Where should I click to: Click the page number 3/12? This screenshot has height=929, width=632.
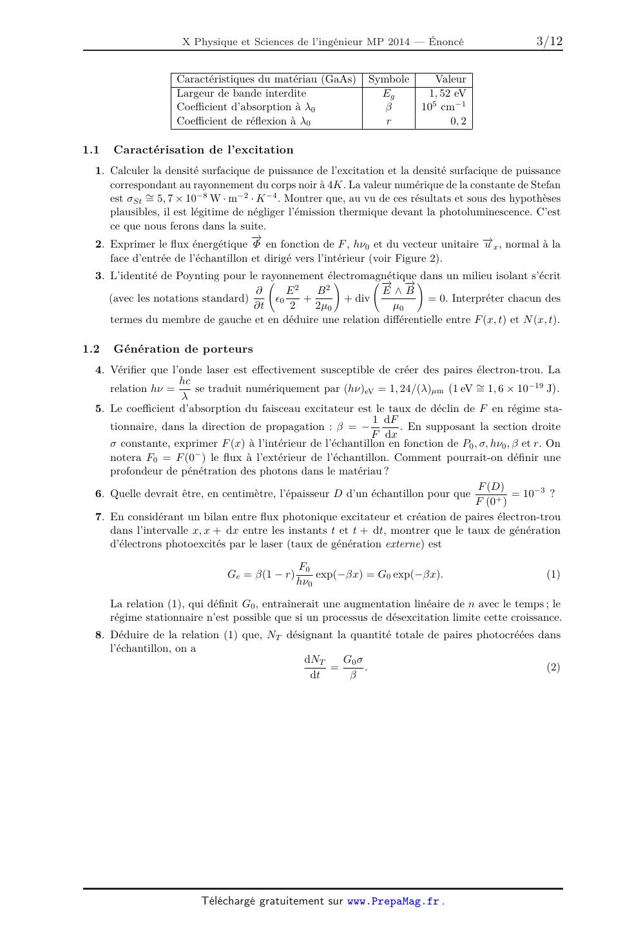click(549, 42)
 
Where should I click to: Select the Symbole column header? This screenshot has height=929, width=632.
click(388, 79)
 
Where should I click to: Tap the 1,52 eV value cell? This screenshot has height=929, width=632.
click(447, 93)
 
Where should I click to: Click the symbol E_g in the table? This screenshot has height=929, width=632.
click(388, 94)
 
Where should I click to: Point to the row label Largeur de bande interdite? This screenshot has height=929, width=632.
click(242, 93)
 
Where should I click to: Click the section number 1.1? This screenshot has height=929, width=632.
click(91, 150)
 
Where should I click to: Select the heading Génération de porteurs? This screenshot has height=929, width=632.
click(183, 349)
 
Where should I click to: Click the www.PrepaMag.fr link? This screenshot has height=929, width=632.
click(393, 901)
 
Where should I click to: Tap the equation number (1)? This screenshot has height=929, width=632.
click(553, 574)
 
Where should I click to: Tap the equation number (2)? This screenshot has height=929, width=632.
click(553, 667)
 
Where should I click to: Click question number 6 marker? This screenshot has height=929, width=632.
click(99, 494)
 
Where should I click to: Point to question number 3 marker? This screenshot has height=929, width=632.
click(99, 276)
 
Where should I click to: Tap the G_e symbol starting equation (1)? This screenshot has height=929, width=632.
click(233, 574)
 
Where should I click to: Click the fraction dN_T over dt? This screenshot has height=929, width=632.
click(314, 667)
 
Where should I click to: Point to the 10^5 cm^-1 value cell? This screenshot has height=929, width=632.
click(443, 107)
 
